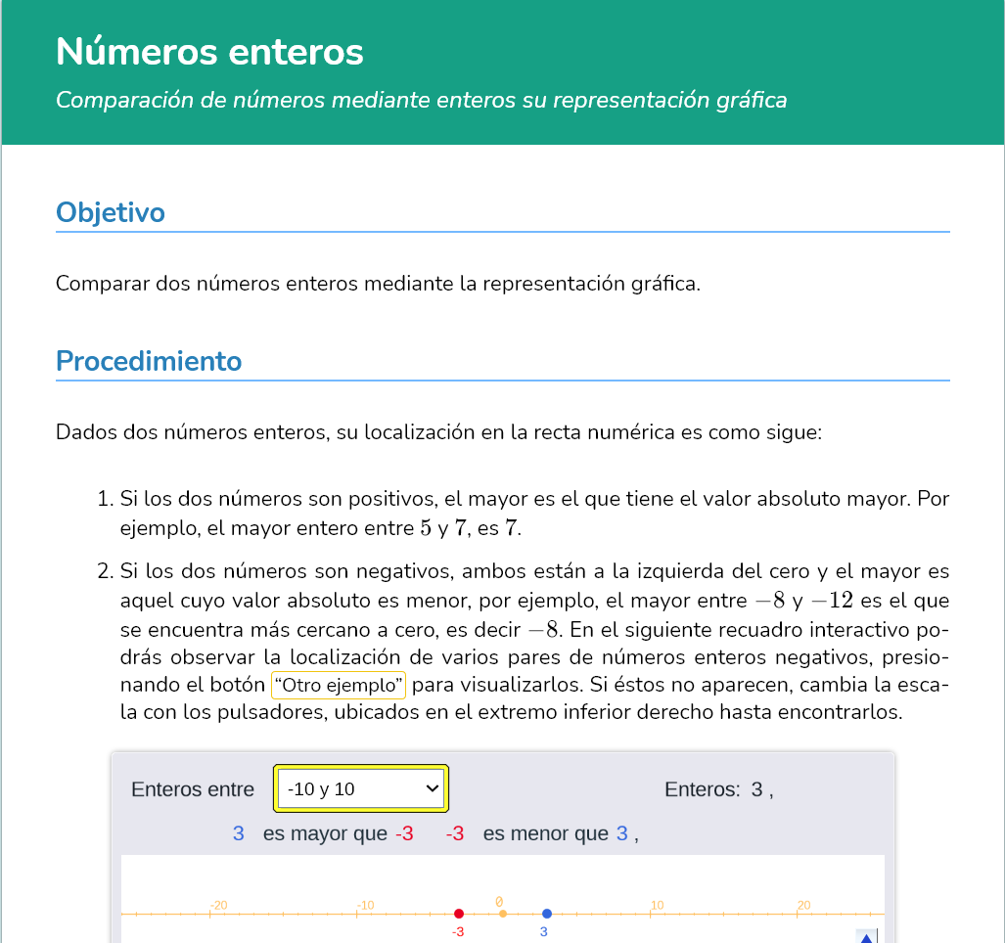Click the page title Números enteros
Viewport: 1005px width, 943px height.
click(x=209, y=52)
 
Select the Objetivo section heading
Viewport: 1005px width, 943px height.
click(x=110, y=212)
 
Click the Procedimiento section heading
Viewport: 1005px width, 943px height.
click(x=149, y=361)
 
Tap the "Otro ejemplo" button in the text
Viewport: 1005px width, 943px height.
click(x=339, y=685)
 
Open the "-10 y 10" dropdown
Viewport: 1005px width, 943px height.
click(x=360, y=788)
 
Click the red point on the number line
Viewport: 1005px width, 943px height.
click(x=459, y=914)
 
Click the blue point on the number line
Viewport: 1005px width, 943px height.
click(x=547, y=914)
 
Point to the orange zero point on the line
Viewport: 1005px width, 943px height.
click(x=503, y=914)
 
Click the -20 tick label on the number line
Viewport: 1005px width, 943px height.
click(x=218, y=905)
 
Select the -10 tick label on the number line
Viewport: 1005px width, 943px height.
click(x=364, y=905)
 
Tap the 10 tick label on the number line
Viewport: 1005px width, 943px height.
click(x=657, y=905)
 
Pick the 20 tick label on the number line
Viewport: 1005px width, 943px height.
click(x=803, y=905)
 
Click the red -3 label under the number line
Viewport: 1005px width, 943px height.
click(x=457, y=932)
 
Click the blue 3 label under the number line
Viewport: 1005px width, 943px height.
click(x=543, y=932)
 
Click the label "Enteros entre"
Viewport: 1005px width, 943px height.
click(x=193, y=789)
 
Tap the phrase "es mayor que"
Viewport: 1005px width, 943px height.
click(x=325, y=834)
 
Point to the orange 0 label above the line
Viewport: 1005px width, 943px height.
click(x=499, y=902)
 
